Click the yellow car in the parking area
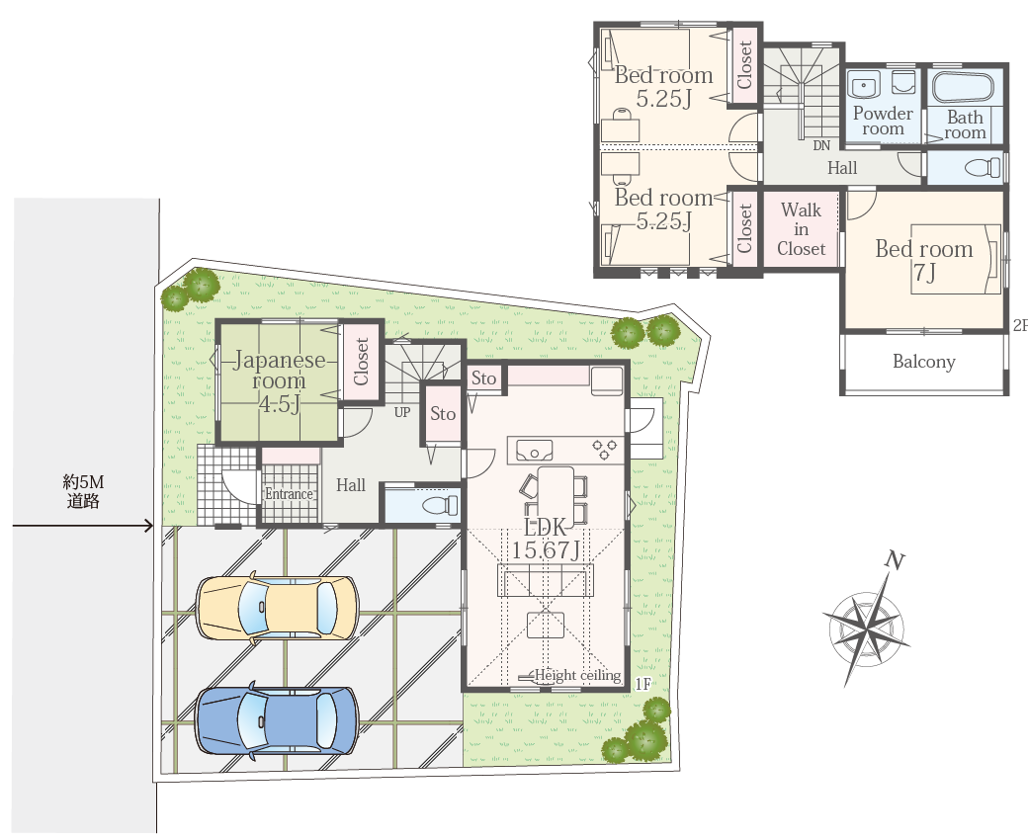coord(278,608)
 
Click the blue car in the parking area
coord(278,720)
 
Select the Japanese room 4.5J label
coord(280,380)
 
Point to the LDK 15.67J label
coord(546,539)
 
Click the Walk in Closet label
coord(802,229)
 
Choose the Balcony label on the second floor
coord(924,361)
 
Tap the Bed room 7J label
coord(924,260)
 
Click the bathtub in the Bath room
coord(963,87)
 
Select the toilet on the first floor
coord(440,505)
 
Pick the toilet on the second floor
coord(984,167)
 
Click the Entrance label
coord(289,493)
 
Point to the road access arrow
coord(83,525)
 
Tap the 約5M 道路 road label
coord(83,491)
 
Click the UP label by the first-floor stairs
coord(402,412)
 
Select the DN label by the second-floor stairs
coord(820,145)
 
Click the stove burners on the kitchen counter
coord(605,450)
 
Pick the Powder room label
coord(883,121)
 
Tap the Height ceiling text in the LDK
coord(577,675)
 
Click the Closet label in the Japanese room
coord(361,361)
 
